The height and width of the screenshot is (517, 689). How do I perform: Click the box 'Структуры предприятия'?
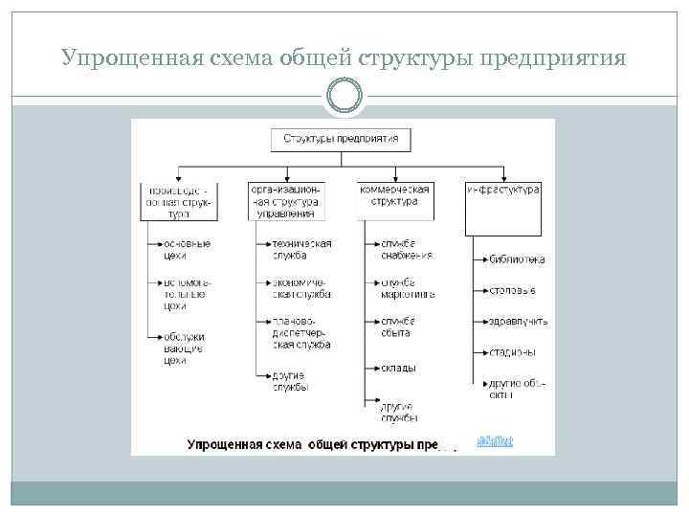click(341, 140)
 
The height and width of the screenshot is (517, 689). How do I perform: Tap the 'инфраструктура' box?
click(502, 208)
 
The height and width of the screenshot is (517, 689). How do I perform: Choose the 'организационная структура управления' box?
click(287, 201)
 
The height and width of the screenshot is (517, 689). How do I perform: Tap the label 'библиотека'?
click(517, 259)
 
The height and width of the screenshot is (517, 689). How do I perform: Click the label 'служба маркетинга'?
click(407, 288)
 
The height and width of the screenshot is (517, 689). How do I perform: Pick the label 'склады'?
click(395, 368)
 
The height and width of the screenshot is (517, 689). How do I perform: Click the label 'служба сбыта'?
click(396, 326)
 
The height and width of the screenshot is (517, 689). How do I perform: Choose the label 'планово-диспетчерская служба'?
click(300, 331)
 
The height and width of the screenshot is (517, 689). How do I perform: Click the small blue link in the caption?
click(495, 441)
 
